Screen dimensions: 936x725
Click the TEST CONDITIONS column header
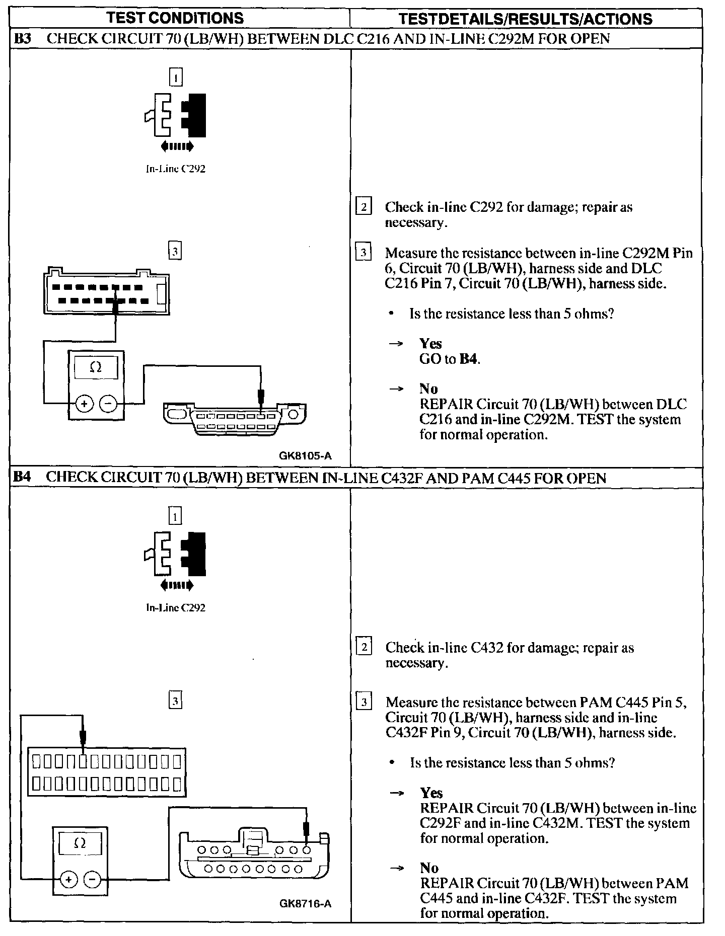pyautogui.click(x=175, y=18)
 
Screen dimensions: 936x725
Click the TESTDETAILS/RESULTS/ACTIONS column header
pyautogui.click(x=525, y=19)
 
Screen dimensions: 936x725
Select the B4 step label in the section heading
pyautogui.click(x=22, y=477)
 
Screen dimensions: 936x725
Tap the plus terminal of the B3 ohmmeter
pyautogui.click(x=84, y=403)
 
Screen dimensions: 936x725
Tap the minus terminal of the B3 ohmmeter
pyautogui.click(x=108, y=403)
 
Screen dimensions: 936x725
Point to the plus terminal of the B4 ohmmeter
pyautogui.click(x=68, y=879)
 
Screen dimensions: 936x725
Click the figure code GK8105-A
pyautogui.click(x=305, y=456)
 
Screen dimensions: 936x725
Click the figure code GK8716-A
pyautogui.click(x=305, y=903)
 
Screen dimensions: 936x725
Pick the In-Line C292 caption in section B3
pyautogui.click(x=175, y=169)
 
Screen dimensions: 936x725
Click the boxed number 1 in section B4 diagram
pyautogui.click(x=175, y=516)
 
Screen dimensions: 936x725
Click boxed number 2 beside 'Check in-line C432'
pyautogui.click(x=364, y=647)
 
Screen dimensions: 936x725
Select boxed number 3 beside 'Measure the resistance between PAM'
pyautogui.click(x=364, y=701)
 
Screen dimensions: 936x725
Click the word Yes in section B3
pyautogui.click(x=430, y=344)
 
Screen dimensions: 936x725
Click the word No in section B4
pyautogui.click(x=429, y=868)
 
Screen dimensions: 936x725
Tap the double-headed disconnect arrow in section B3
pyautogui.click(x=177, y=146)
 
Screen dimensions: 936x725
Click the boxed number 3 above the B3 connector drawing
pyautogui.click(x=175, y=251)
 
